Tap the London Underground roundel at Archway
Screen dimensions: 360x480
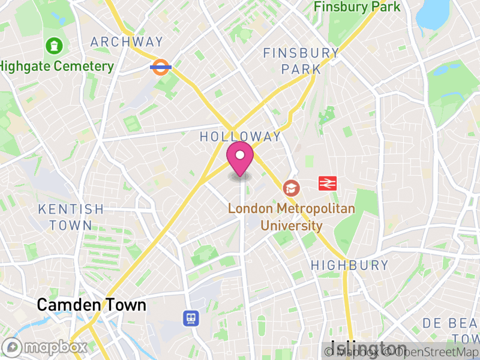(161, 67)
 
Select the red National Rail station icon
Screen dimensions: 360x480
(328, 183)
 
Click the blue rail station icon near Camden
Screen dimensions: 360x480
(191, 317)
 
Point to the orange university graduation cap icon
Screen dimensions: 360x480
(292, 188)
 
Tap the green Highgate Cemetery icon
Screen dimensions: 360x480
(55, 45)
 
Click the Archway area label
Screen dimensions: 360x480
(127, 42)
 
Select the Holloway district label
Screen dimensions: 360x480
(240, 137)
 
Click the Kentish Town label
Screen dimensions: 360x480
(71, 217)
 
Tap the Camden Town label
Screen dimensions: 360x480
(91, 305)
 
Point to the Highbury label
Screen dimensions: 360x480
(349, 265)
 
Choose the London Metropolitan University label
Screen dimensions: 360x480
(292, 217)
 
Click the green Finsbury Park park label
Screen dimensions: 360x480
(357, 7)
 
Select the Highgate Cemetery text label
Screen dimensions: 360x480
(57, 66)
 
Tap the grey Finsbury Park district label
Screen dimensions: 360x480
(301, 61)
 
